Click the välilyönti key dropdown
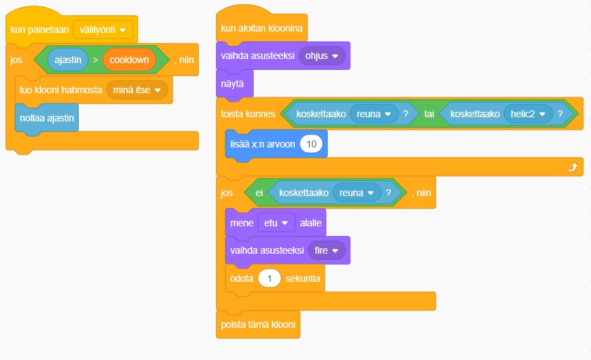[103, 30]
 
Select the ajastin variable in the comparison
[68, 60]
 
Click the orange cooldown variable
[129, 60]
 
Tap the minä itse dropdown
[137, 90]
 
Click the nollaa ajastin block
[47, 118]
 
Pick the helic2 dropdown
[528, 114]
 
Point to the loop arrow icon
[572, 167]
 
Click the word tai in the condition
[429, 114]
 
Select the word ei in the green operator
[259, 193]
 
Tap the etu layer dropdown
[276, 222]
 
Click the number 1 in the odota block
[269, 279]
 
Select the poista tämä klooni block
[258, 324]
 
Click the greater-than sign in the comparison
[95, 60]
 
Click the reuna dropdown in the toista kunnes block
[374, 114]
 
